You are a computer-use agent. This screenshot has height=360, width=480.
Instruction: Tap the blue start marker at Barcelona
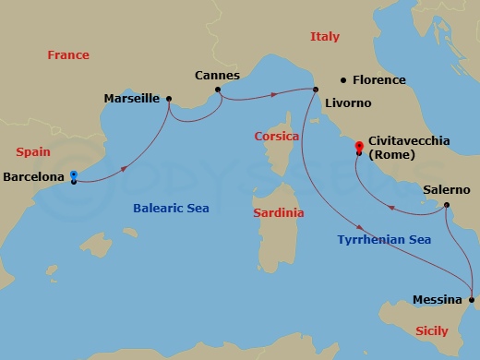(73, 174)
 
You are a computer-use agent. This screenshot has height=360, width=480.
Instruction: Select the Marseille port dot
(169, 98)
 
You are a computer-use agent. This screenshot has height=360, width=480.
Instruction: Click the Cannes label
(218, 75)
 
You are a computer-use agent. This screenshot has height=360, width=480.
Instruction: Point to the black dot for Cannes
(218, 90)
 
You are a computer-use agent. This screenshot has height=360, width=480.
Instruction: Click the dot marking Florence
(343, 80)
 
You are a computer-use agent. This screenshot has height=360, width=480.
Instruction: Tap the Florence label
(378, 80)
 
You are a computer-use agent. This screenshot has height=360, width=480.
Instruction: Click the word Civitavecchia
(409, 140)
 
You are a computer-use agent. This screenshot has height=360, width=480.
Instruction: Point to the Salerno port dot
(446, 205)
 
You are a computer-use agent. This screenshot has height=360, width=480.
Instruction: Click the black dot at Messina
(471, 299)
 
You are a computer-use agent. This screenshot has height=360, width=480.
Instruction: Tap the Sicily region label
(432, 330)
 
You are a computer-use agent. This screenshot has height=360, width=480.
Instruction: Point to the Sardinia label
(278, 212)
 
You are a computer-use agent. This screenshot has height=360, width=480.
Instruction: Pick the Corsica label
(277, 137)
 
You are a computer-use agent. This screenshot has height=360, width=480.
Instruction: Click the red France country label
(68, 55)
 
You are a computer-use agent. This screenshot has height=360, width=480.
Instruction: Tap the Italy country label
(325, 37)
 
